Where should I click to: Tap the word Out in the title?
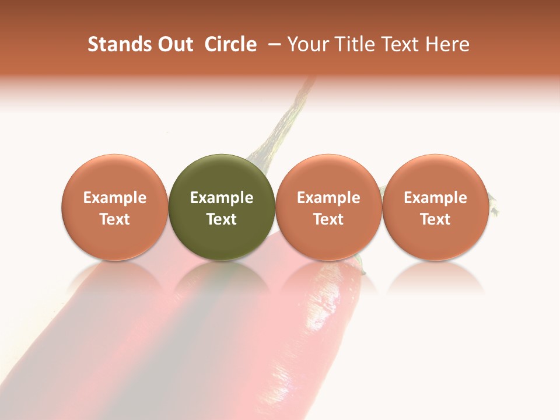coord(174,45)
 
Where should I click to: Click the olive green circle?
coord(222,207)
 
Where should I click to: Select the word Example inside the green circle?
coord(222,198)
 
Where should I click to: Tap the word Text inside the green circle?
coord(222,219)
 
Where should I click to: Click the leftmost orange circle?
coord(115,207)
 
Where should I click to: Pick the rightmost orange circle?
coord(435,207)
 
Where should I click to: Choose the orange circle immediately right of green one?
coord(328,207)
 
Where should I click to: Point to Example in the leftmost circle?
coord(115,198)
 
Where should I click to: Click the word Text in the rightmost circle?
coord(435,219)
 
